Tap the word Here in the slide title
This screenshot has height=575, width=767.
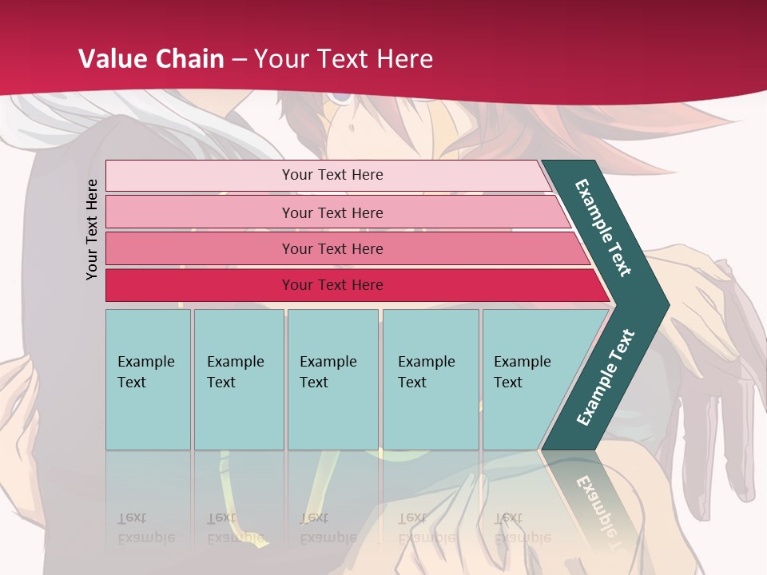[x=404, y=58]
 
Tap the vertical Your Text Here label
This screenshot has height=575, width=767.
[x=92, y=229]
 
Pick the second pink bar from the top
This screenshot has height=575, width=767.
[x=332, y=212]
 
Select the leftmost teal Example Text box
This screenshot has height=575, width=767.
[x=148, y=379]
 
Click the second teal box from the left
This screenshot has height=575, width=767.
[x=238, y=379]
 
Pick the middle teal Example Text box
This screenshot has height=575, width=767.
[x=332, y=379]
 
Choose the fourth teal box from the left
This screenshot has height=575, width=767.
[x=430, y=379]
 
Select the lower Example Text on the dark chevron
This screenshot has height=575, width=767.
[x=605, y=377]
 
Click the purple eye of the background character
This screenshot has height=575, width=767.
[x=341, y=97]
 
